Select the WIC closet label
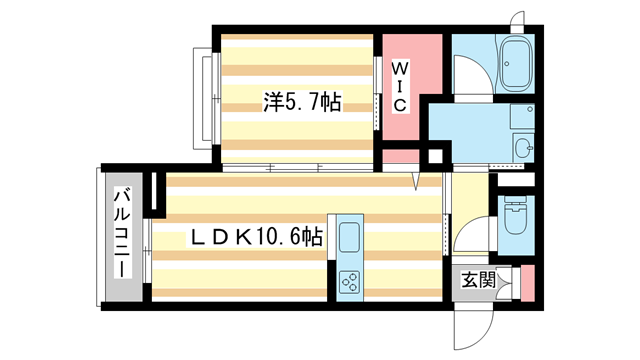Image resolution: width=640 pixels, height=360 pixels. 398,87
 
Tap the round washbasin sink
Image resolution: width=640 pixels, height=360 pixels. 522,149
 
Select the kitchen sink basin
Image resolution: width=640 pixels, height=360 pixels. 352,239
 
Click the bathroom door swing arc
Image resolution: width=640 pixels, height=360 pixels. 466,75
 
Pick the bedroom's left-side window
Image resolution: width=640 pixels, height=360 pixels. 209,96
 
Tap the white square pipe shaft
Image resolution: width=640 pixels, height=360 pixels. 435,157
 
